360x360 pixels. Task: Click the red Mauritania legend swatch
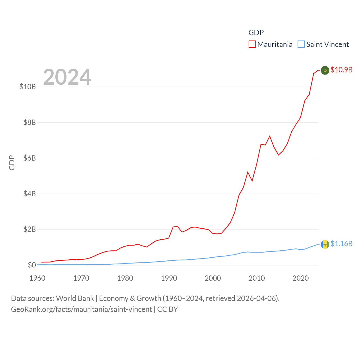252,44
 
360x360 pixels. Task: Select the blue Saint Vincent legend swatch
301,44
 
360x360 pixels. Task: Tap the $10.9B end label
341,70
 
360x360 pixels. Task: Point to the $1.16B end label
341,244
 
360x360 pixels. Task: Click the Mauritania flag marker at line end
325,70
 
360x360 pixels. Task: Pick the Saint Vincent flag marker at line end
325,244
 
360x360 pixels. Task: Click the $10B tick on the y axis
28,87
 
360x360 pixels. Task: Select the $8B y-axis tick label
30,122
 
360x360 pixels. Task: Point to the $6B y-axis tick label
30,158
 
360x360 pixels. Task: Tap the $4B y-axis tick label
30,194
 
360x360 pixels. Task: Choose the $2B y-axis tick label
30,229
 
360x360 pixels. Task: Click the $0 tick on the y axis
32,265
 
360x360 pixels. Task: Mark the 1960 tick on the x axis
37,278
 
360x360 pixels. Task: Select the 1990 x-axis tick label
169,278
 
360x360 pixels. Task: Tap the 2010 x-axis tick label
257,278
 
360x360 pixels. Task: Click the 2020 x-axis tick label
301,278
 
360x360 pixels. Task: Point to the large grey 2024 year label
67,77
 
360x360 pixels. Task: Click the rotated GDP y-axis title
12,163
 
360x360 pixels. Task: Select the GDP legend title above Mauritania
256,33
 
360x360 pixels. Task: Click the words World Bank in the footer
75,298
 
